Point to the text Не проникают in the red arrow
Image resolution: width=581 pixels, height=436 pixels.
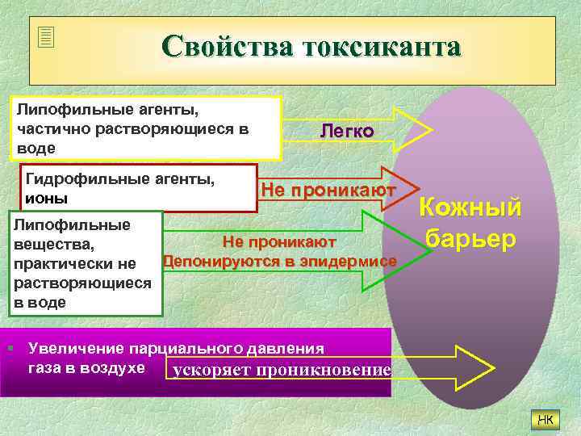328,190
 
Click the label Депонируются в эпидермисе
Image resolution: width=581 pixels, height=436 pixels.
280,261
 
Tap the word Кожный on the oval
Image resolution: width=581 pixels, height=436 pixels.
471,208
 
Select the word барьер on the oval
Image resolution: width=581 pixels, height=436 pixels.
471,240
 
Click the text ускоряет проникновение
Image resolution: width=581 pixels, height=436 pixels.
282,370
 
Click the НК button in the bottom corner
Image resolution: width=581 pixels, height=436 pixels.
545,418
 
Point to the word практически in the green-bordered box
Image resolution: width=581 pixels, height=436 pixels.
59,263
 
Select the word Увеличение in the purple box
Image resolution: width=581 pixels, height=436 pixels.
77,349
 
